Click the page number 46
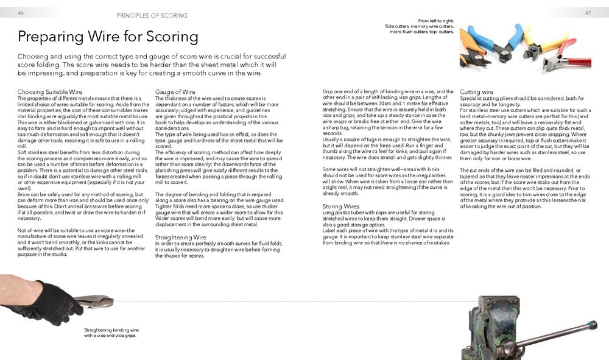click(21, 13)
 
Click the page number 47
click(588, 13)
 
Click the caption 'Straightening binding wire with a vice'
click(110, 333)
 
